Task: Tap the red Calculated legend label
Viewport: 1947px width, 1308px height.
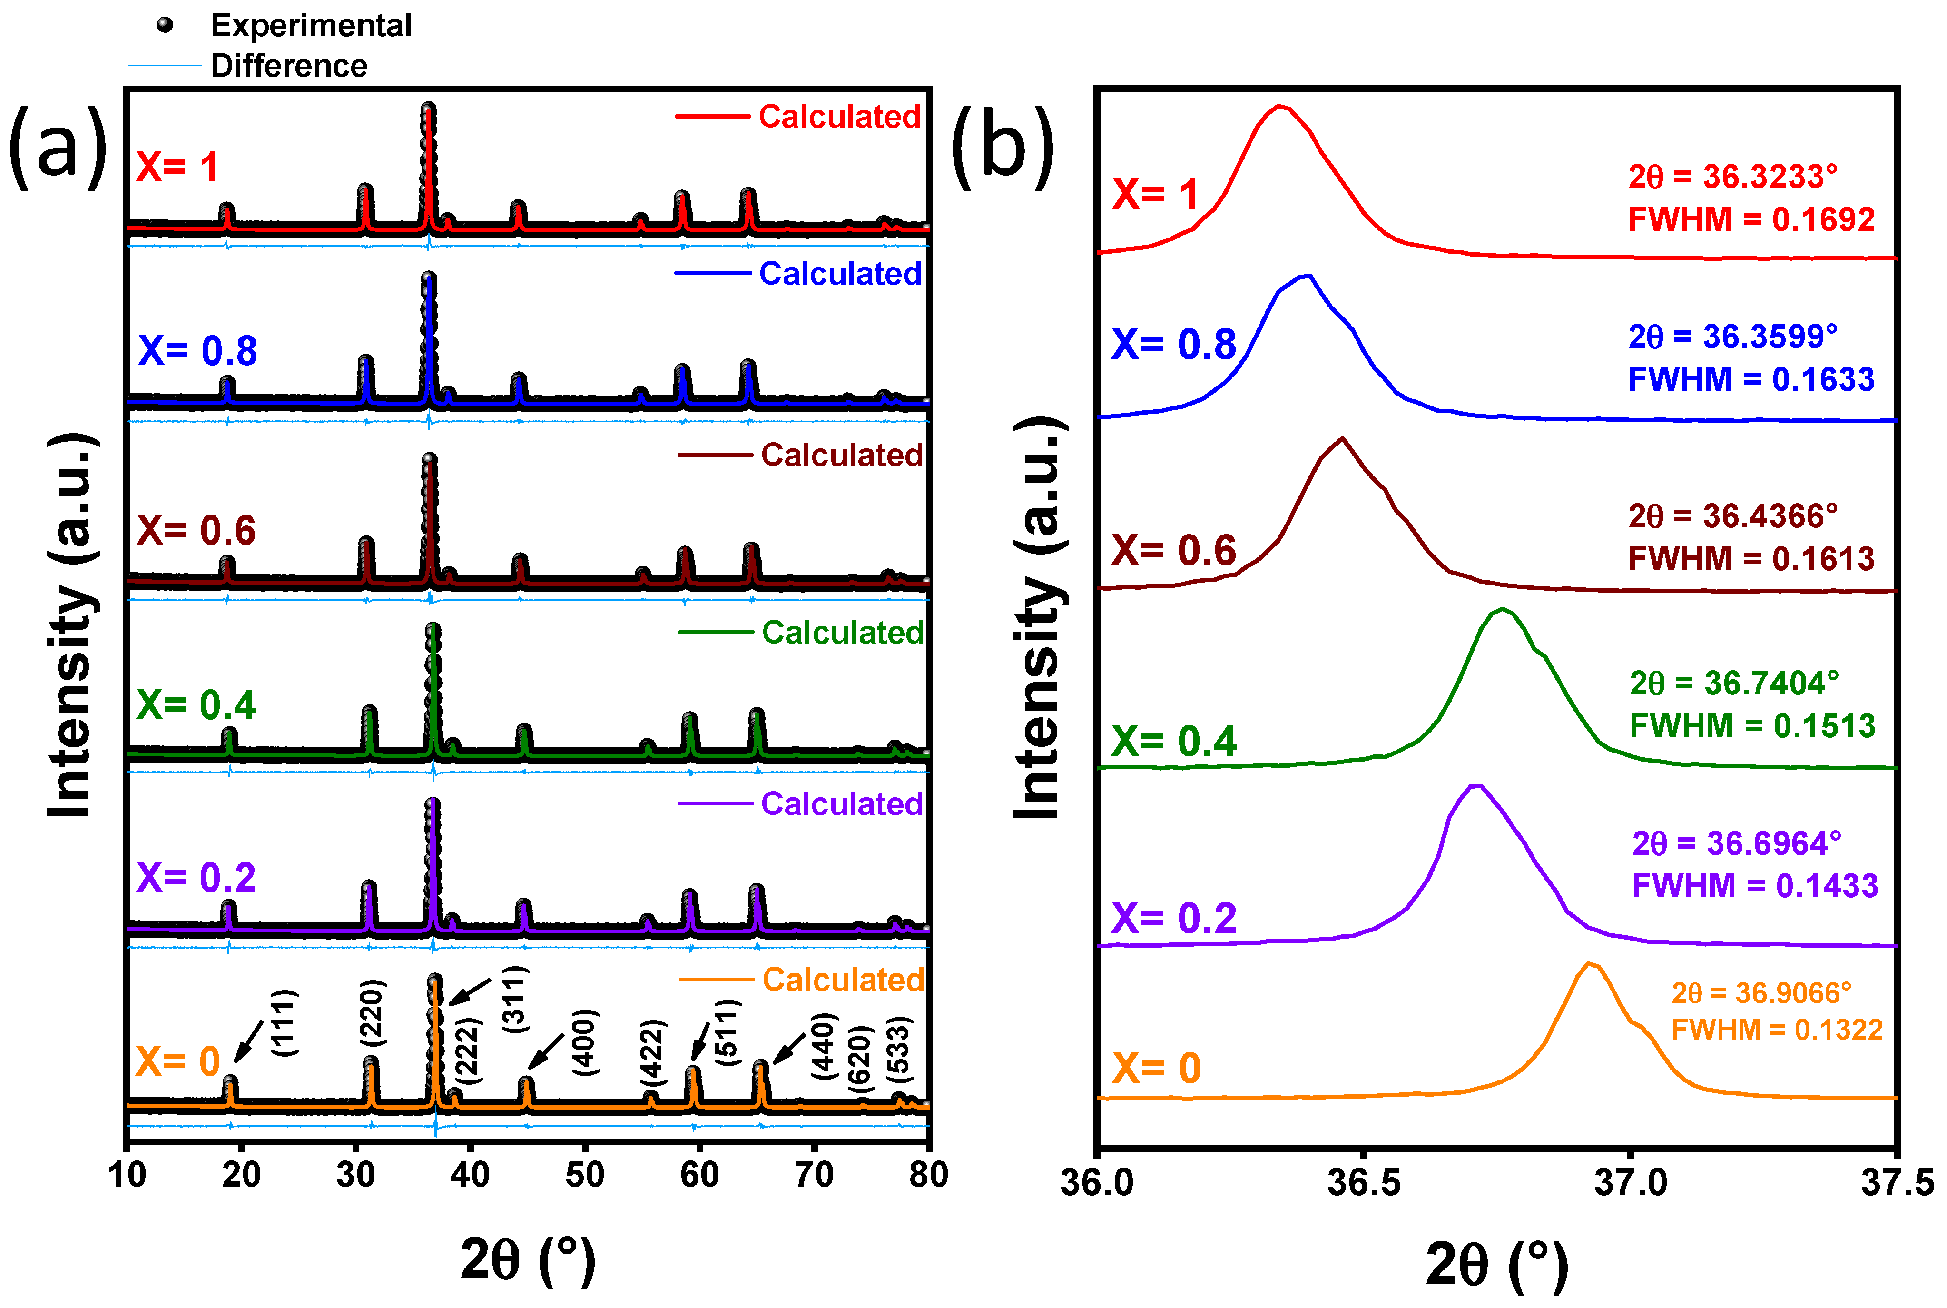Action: [x=839, y=117]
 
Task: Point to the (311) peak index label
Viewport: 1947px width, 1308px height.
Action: [x=514, y=1000]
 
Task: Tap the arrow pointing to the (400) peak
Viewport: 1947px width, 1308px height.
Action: [x=546, y=1051]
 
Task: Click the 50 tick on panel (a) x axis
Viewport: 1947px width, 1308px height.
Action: [x=584, y=1175]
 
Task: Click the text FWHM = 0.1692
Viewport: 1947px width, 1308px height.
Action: [x=1751, y=219]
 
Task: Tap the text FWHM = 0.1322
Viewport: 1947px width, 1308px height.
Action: [x=1777, y=1030]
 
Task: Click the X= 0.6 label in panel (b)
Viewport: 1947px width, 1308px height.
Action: [x=1173, y=551]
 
